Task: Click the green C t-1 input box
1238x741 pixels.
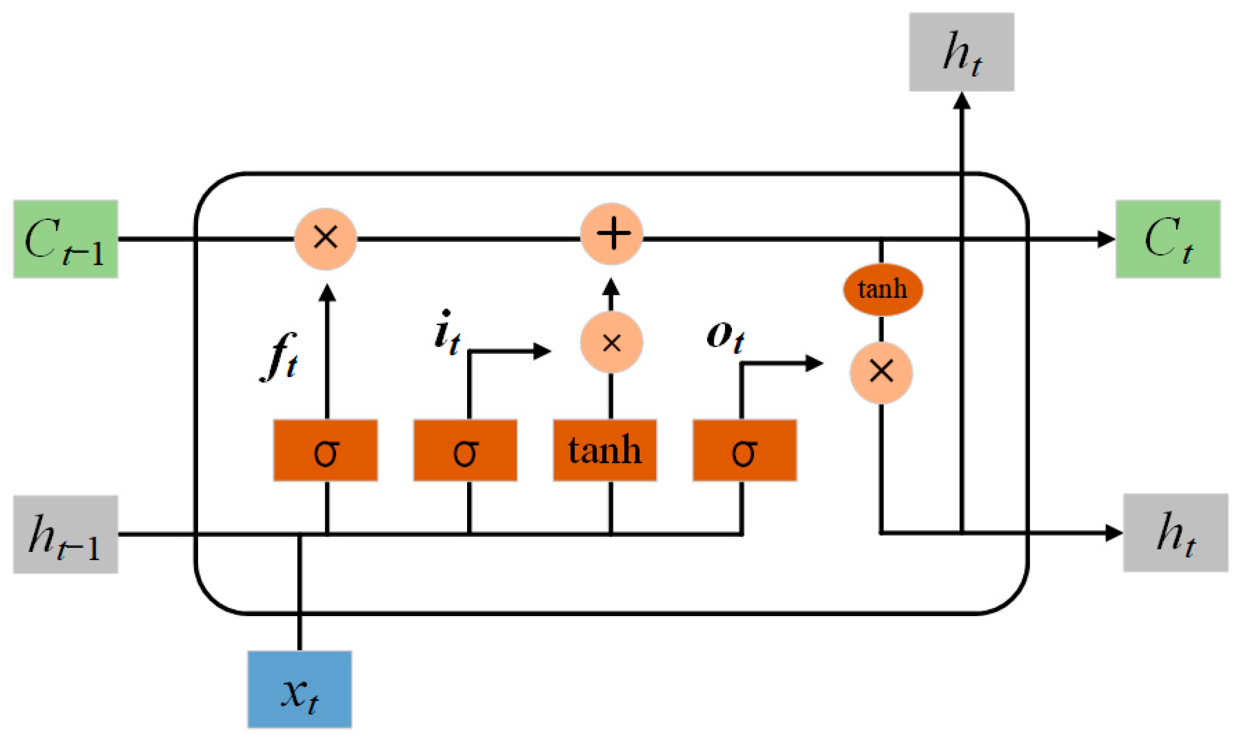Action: click(x=65, y=239)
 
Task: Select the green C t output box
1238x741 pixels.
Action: click(x=1168, y=239)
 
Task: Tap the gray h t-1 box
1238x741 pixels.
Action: click(x=65, y=534)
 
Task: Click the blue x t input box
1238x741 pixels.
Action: click(x=299, y=689)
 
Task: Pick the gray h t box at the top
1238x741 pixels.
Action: click(x=961, y=52)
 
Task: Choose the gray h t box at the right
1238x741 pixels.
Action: click(x=1176, y=532)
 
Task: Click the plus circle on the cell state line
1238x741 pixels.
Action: click(x=612, y=234)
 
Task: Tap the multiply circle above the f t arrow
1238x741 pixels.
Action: click(x=326, y=238)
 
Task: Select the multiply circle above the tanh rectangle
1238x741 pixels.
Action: click(x=612, y=342)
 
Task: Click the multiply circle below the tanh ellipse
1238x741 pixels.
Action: click(x=881, y=372)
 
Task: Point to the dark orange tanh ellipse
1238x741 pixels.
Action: click(x=882, y=289)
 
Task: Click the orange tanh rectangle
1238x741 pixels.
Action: click(x=605, y=450)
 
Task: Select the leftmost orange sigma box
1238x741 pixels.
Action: click(x=326, y=450)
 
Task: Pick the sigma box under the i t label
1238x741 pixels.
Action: click(x=465, y=450)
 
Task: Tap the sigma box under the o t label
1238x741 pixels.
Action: click(x=745, y=450)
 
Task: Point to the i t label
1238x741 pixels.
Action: click(x=446, y=332)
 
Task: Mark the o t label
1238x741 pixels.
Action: click(x=724, y=336)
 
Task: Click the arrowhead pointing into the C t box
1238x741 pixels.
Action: click(x=1106, y=239)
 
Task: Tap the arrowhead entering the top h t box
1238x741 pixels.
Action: click(x=961, y=101)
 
